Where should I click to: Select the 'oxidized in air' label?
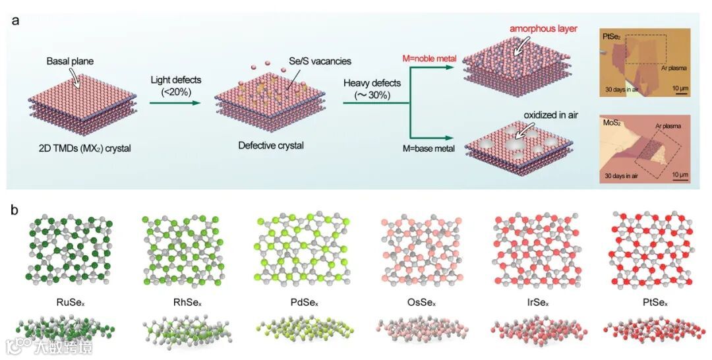[x=550, y=114]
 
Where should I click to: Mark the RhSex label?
[x=175, y=305]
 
